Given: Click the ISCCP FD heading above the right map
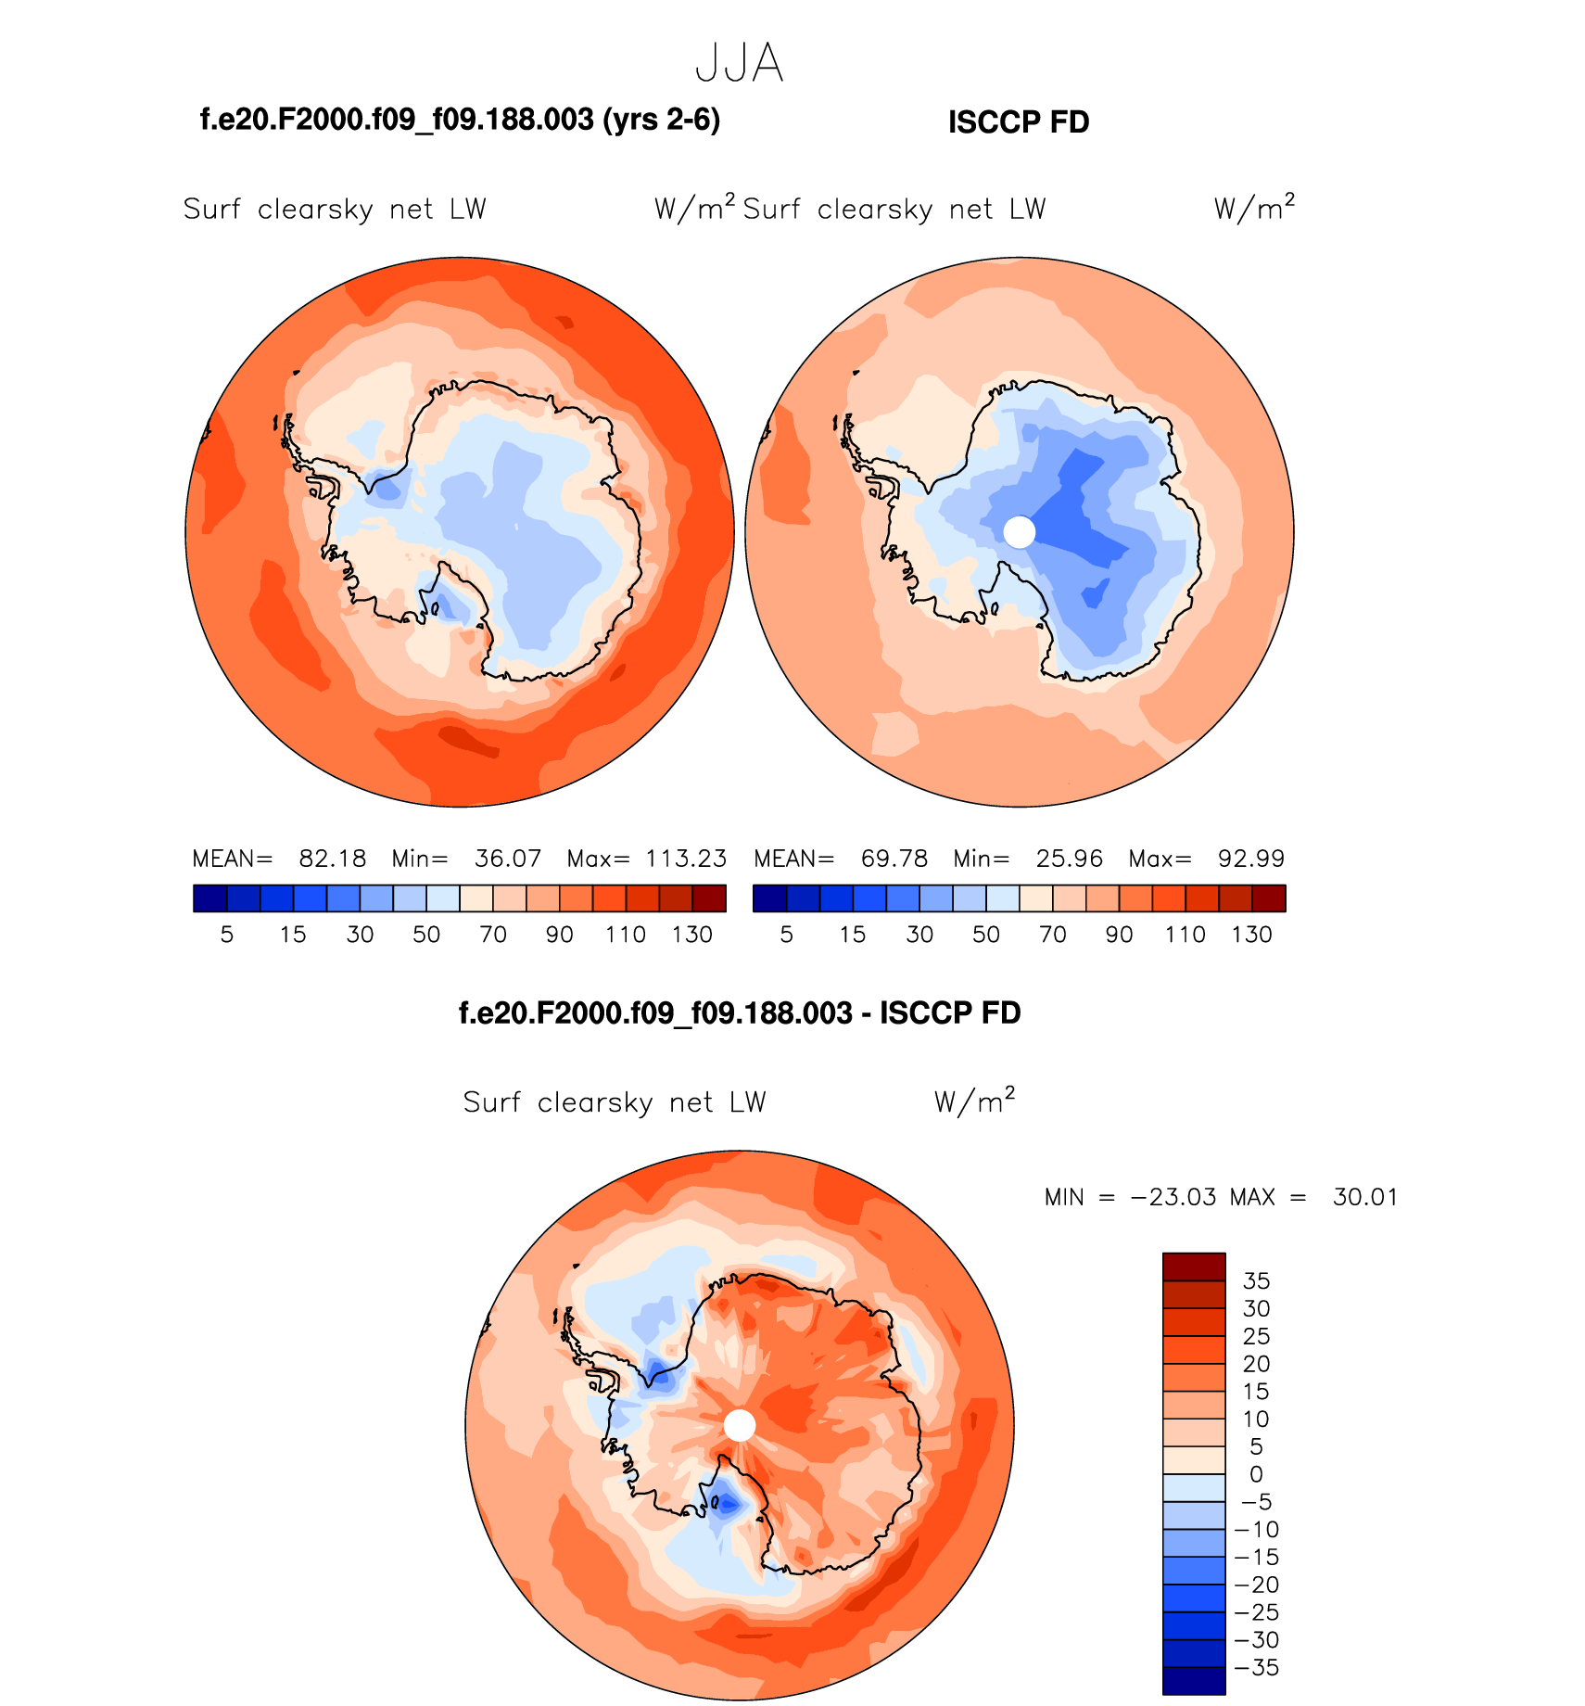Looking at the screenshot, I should (x=1018, y=122).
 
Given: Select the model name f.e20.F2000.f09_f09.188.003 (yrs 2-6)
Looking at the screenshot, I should (x=460, y=120).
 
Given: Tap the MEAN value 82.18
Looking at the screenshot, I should (x=332, y=859).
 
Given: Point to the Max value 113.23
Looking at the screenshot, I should (x=686, y=859).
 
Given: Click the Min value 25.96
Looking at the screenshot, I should (x=1069, y=859).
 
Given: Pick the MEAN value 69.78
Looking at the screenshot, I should (x=894, y=859).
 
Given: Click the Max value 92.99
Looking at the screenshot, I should (x=1250, y=859).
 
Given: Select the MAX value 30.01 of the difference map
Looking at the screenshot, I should (x=1364, y=1197).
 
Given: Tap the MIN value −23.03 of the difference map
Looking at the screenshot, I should (x=1173, y=1197).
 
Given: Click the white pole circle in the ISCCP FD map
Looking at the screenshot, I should (x=1019, y=532).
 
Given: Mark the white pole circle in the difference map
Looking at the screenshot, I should (x=739, y=1425).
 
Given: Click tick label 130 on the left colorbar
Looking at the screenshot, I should (x=691, y=935).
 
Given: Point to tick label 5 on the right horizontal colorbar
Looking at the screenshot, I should (x=786, y=935).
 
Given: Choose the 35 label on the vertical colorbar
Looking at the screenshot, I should (x=1256, y=1281).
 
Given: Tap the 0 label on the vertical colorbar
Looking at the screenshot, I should (x=1256, y=1474).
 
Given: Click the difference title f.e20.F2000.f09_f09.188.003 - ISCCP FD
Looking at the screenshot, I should (x=740, y=1013).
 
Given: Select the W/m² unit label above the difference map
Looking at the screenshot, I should (x=974, y=1101).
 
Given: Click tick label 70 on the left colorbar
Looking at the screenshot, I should (x=492, y=935).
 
